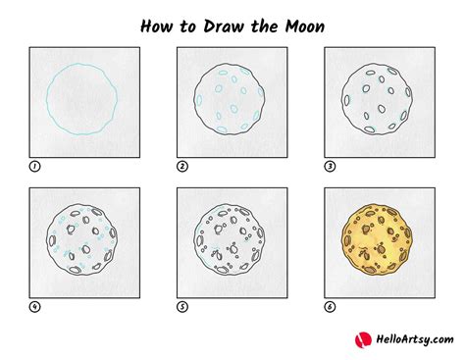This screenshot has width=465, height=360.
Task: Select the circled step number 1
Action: (35, 168)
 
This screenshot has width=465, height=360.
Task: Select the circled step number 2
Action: (182, 168)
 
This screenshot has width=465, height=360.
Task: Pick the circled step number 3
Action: (330, 168)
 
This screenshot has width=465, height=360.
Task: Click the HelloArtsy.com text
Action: (411, 340)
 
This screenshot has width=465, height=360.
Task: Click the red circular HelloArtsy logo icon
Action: (364, 339)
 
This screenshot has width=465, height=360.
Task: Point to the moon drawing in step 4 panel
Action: (84, 239)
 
